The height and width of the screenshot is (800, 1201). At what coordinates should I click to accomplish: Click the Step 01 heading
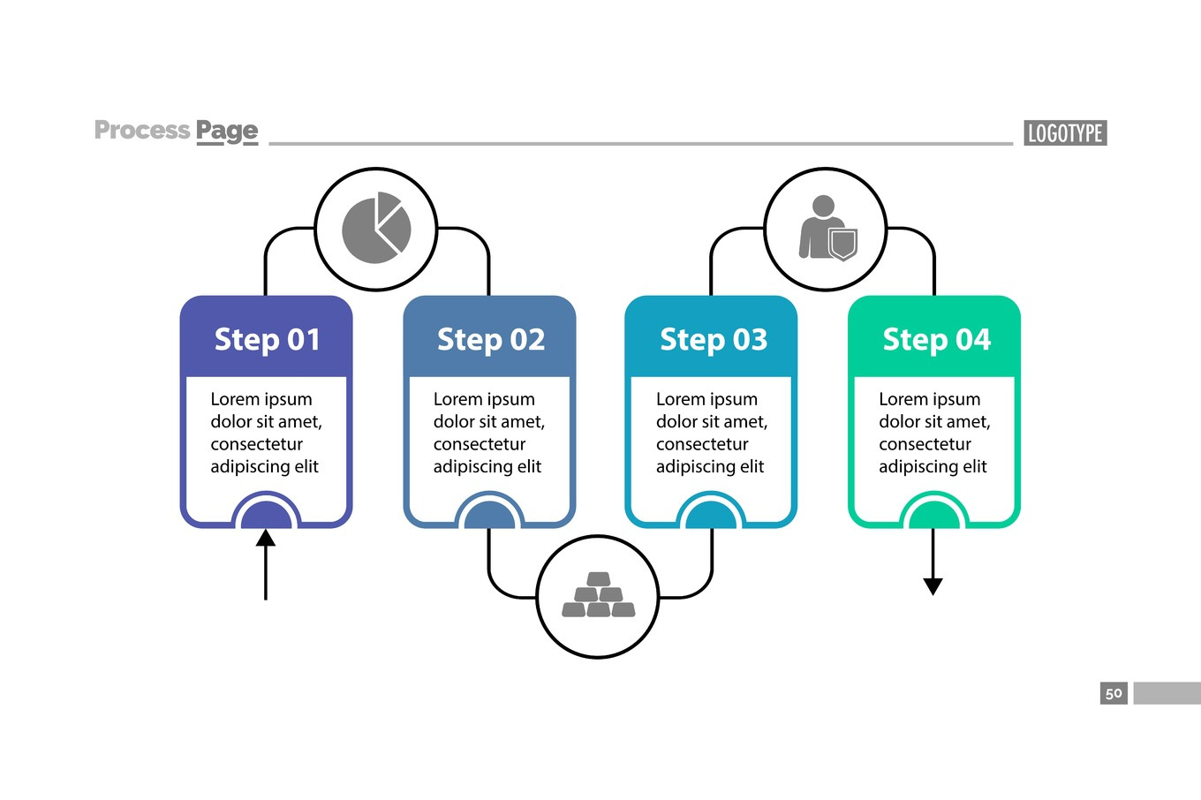point(267,340)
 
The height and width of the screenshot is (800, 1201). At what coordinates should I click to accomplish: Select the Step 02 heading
point(490,340)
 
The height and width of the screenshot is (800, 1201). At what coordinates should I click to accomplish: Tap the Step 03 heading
point(714,340)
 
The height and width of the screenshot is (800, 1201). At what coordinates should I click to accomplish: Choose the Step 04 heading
point(936,340)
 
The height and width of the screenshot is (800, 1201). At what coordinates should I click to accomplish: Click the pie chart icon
point(376,229)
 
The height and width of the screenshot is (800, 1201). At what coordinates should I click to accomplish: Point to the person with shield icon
point(827,229)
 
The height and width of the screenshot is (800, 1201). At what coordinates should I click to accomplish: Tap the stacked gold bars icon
point(598,596)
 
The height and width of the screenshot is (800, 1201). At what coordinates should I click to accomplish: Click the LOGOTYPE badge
point(1065,133)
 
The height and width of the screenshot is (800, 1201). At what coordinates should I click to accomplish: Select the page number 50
point(1114,693)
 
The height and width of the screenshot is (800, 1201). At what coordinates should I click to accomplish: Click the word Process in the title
point(142,131)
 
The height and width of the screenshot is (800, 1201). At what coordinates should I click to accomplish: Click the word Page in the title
point(227,132)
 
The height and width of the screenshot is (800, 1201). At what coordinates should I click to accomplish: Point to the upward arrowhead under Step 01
point(266,538)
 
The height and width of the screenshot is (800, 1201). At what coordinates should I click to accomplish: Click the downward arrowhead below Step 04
point(933,586)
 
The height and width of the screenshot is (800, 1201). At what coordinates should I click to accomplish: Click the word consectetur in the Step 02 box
point(479,444)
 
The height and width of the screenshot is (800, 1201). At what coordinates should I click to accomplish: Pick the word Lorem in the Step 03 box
point(676,399)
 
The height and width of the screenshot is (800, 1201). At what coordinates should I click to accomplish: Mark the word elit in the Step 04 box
point(974,466)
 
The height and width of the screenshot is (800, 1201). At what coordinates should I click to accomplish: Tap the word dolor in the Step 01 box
point(230,422)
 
